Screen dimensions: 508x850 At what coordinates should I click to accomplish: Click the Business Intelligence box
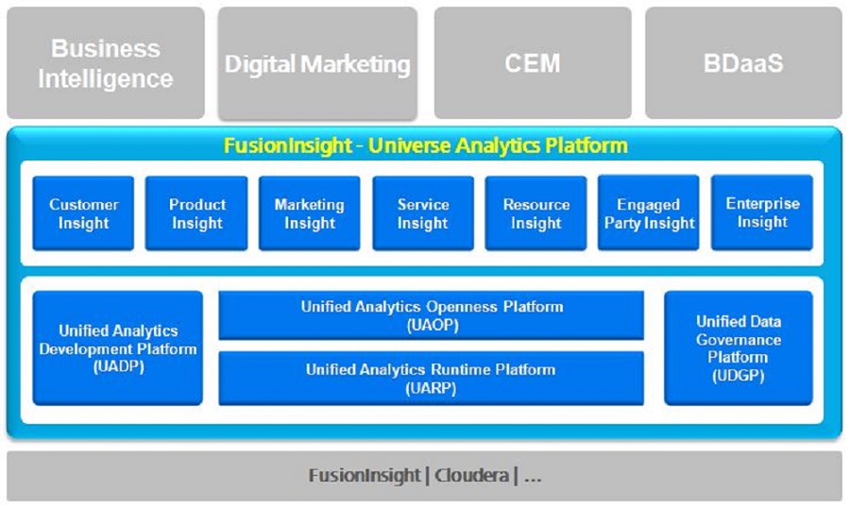click(105, 63)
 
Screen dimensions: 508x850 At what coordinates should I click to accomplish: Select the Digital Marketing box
click(317, 63)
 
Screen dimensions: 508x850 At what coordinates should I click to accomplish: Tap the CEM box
click(533, 63)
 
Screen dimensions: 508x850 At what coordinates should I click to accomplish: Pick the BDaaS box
click(744, 63)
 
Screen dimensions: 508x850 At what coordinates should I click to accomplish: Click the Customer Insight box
click(84, 213)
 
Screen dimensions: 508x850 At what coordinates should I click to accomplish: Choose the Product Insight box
click(197, 213)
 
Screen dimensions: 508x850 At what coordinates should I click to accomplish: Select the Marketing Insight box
click(310, 213)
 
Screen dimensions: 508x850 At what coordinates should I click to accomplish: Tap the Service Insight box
click(423, 213)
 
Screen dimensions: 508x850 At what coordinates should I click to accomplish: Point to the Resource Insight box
click(536, 213)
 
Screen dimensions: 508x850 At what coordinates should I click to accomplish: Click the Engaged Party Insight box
click(649, 213)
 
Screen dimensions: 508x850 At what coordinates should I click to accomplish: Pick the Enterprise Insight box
click(762, 213)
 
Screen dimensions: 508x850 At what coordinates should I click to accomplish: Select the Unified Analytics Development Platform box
click(118, 348)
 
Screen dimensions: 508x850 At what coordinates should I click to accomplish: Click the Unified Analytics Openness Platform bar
click(432, 315)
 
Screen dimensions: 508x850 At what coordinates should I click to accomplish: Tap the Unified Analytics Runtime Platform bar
click(432, 378)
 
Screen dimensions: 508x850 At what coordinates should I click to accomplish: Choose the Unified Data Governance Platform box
click(739, 348)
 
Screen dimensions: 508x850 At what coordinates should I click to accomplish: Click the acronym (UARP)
click(432, 387)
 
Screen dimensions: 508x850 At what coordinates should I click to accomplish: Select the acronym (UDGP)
click(739, 376)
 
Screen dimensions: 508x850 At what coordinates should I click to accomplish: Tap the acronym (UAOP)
click(432, 324)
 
